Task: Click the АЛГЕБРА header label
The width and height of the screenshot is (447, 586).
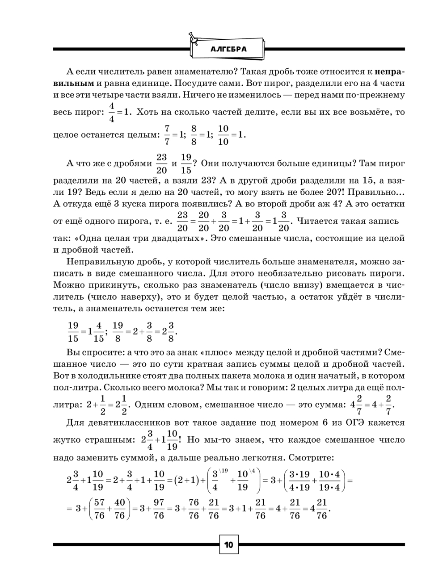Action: [228, 49]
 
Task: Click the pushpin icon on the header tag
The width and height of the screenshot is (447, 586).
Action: [193, 38]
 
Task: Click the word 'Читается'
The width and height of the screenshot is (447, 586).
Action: [316, 221]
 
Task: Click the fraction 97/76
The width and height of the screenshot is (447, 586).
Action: [159, 509]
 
